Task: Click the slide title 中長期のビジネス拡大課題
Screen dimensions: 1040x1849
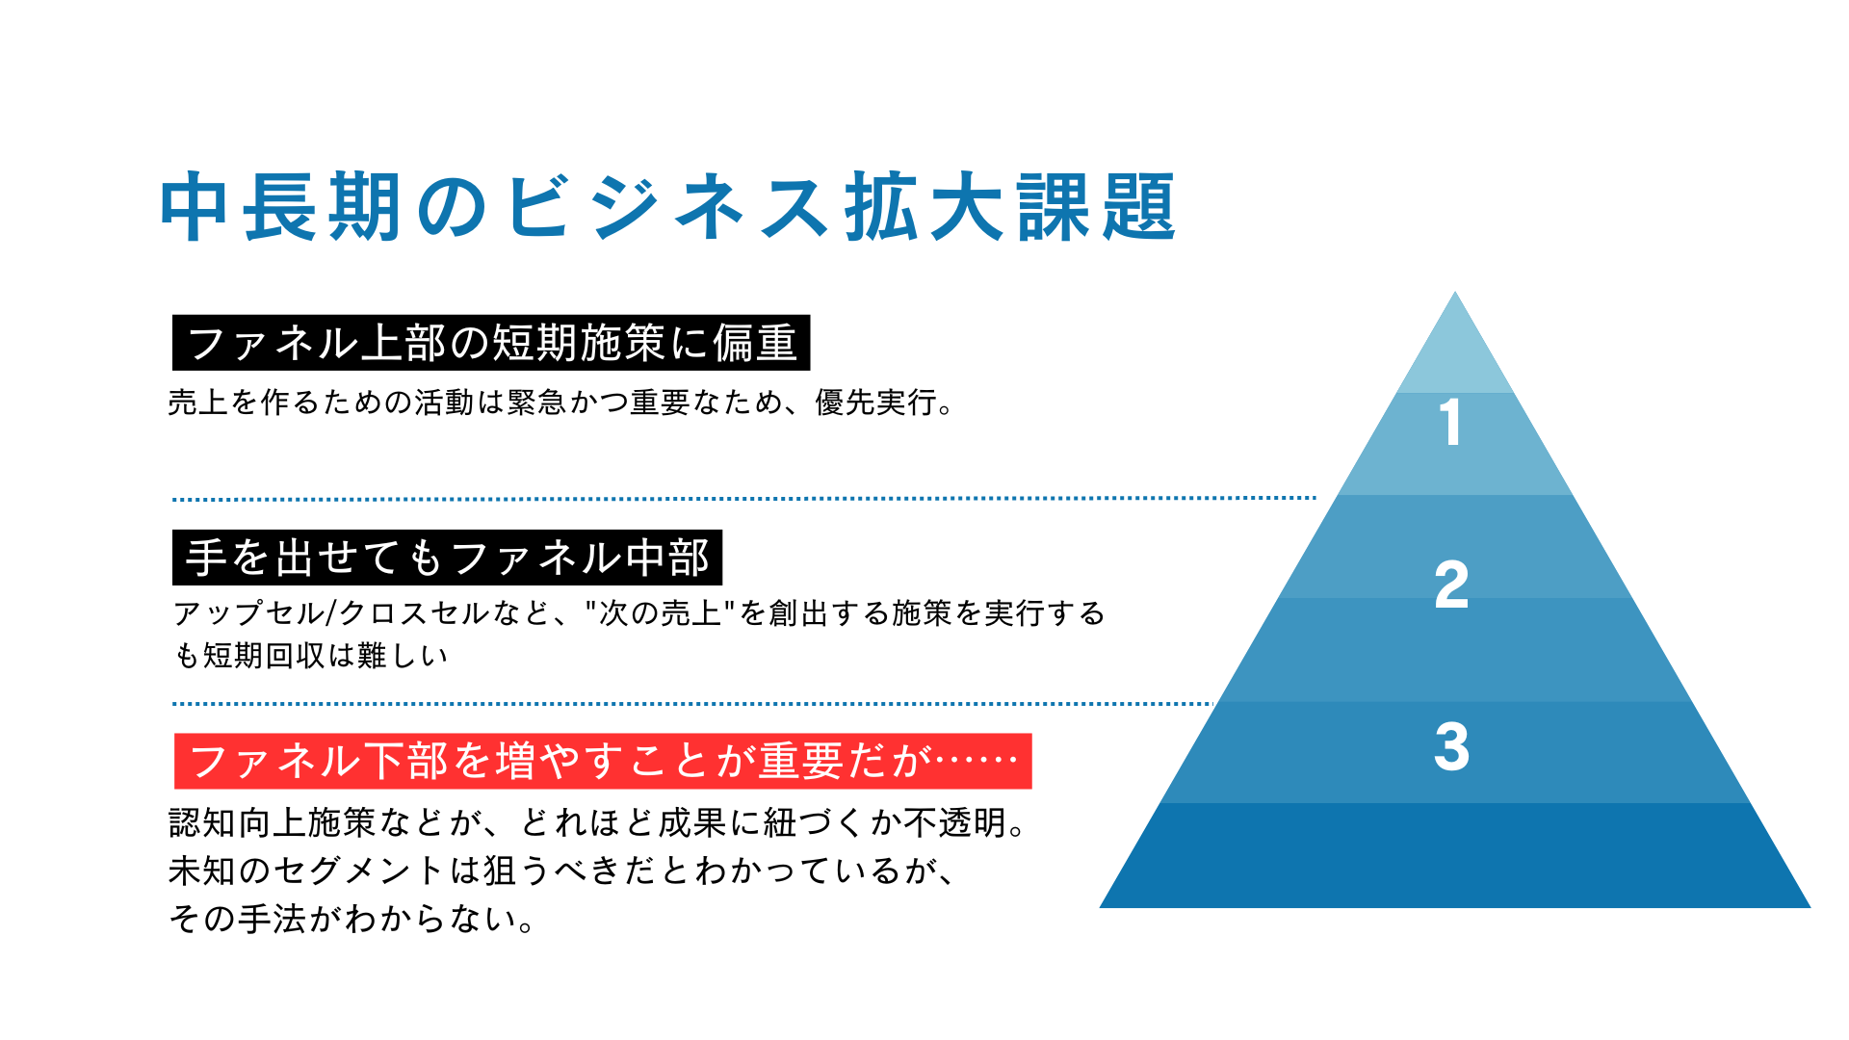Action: point(667,207)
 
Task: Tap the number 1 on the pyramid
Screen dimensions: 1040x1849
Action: point(1450,423)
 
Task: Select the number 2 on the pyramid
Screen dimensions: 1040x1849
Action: point(1451,585)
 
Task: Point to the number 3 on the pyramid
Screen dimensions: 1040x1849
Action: point(1451,746)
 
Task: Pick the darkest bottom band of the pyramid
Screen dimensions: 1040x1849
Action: point(1454,857)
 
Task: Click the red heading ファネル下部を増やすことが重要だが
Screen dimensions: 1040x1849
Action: point(603,762)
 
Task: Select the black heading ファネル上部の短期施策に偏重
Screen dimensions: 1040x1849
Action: point(491,343)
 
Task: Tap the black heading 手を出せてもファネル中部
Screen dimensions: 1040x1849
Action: point(447,558)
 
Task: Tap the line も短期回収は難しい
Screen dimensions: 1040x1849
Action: point(311,656)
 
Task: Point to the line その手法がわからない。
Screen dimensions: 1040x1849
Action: point(352,920)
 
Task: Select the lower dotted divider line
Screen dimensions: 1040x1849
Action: point(693,704)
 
